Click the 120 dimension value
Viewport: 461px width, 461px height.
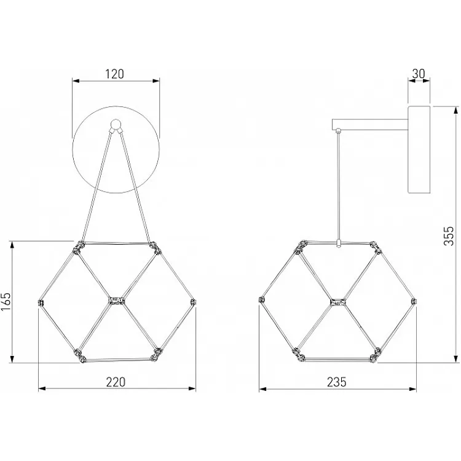(115, 74)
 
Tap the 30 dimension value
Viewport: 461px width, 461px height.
(419, 74)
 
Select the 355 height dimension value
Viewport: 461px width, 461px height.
(449, 236)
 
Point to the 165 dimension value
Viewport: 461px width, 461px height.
(6, 302)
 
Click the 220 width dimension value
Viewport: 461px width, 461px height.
(116, 382)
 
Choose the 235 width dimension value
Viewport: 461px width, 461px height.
(337, 382)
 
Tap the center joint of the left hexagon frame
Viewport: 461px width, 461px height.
(117, 301)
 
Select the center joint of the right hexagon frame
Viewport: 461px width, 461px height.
(337, 302)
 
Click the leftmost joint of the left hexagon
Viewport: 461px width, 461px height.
(41, 303)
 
